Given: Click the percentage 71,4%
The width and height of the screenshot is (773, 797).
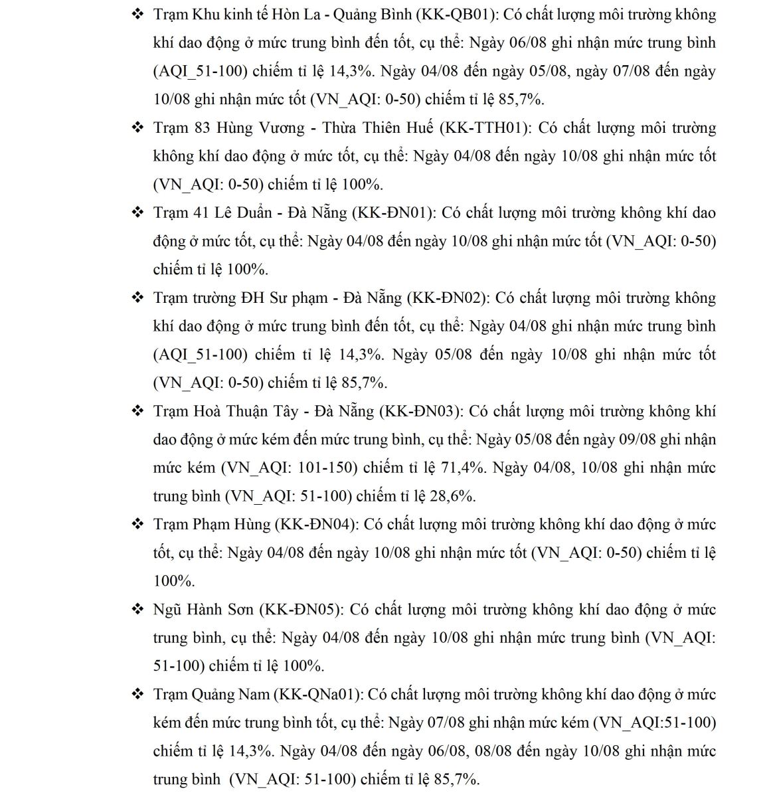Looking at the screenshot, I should [x=461, y=468].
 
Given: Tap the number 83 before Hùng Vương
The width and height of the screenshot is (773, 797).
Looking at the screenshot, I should [x=203, y=128].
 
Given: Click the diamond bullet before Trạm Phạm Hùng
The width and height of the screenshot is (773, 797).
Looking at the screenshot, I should [x=138, y=524].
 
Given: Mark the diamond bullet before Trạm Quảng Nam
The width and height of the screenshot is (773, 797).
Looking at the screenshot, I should [x=138, y=694].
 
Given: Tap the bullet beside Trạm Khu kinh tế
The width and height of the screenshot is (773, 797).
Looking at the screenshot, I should [x=138, y=15].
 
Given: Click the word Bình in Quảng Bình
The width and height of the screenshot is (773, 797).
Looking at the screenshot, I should [x=386, y=15].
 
